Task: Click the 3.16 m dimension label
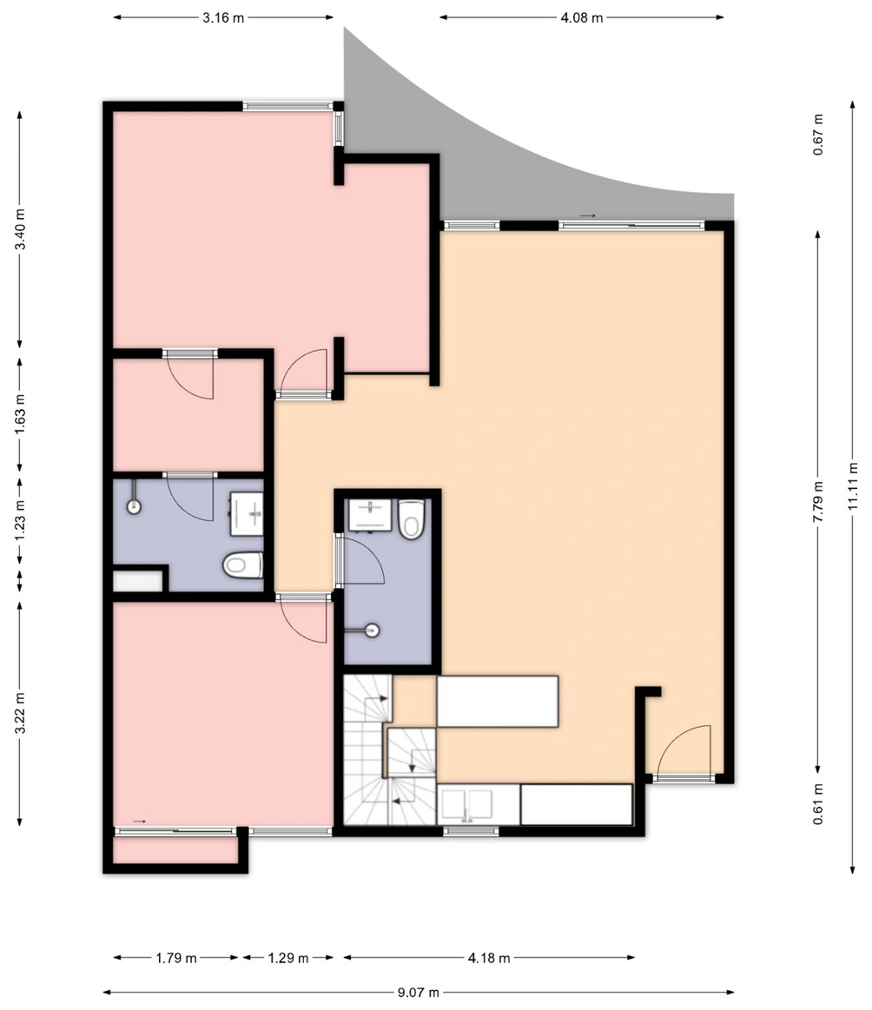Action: pos(223,18)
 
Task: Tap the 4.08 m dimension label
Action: pos(582,18)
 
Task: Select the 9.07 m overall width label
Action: pos(418,993)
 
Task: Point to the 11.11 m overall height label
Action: pos(853,486)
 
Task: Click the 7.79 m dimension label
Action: pos(818,501)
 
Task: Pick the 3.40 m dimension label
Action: pos(20,229)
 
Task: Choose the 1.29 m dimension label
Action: pos(287,958)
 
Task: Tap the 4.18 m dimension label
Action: pos(489,958)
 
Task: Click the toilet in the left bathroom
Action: pos(243,565)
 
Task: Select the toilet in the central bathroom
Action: pos(411,519)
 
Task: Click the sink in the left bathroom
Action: pos(247,514)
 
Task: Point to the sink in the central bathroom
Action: pos(370,515)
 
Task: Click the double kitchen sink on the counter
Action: pos(467,804)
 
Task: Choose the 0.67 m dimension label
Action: pos(818,135)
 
